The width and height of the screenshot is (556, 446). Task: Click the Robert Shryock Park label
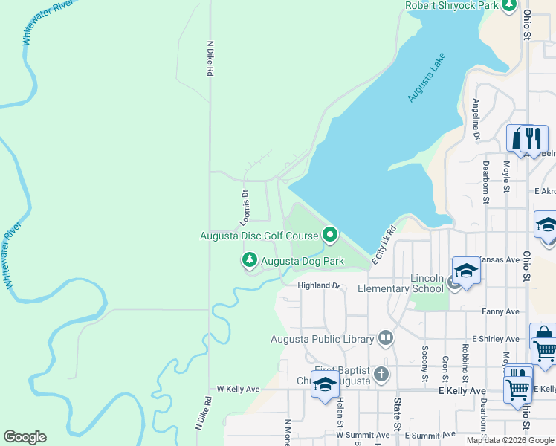452,6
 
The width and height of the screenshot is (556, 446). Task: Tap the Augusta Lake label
427,77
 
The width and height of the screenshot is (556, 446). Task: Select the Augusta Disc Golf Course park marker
330,236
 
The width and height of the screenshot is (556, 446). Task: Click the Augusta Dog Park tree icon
250,260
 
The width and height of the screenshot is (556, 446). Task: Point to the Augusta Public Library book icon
385,339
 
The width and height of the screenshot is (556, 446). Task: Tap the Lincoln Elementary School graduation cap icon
465,271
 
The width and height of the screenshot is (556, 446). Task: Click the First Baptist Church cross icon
381,373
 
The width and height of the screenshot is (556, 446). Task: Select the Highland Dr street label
318,285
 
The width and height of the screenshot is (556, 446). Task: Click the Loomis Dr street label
244,207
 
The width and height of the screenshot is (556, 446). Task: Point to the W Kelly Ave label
238,389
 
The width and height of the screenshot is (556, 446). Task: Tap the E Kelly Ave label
462,390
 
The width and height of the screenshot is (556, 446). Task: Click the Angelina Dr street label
476,119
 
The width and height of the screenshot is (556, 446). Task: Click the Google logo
25,437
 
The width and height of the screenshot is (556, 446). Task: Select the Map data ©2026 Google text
509,440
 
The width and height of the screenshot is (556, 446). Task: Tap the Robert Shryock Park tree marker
509,6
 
